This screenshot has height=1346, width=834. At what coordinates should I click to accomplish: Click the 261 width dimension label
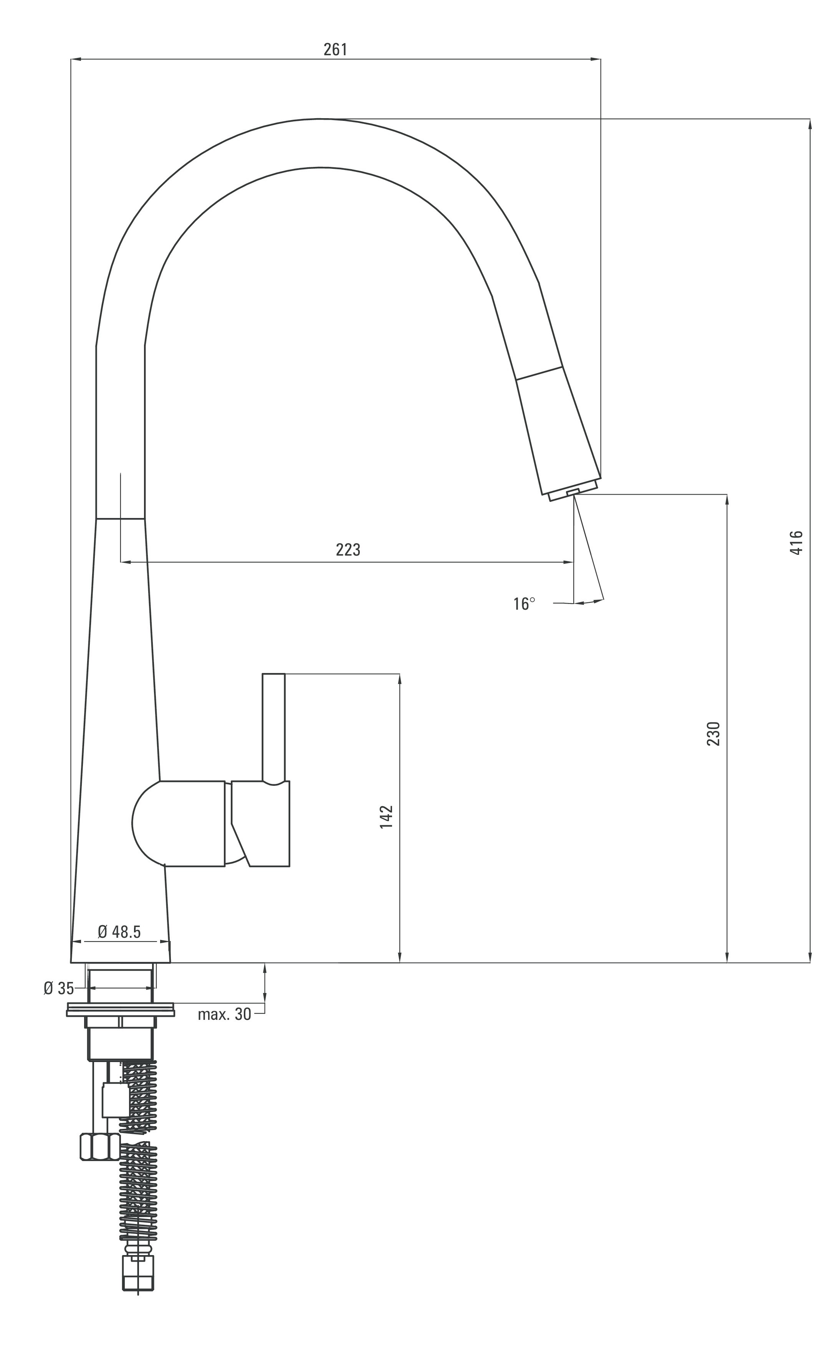pos(335,49)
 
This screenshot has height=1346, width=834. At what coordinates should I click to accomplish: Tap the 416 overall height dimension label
pos(796,543)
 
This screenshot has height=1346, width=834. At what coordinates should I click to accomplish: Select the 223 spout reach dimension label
pos(348,549)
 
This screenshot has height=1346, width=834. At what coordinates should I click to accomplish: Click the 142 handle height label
pos(386,817)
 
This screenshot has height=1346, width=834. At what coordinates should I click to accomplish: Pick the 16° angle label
pos(524,604)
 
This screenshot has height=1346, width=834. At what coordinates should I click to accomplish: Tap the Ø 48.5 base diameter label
pos(119,932)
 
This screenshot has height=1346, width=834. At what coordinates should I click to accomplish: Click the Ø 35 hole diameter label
pos(58,989)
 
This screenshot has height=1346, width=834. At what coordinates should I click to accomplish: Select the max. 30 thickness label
pos(225,1014)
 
